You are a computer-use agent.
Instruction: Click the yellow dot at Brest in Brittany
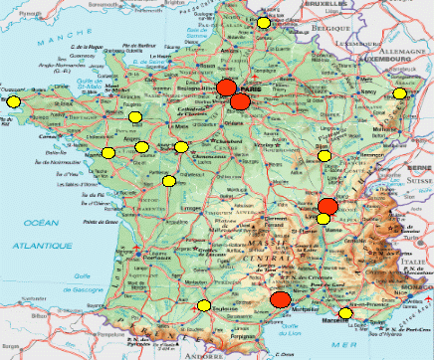(12, 100)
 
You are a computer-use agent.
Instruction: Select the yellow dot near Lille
(263, 22)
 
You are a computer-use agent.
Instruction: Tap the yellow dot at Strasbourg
(399, 93)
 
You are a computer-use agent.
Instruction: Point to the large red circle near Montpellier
(281, 299)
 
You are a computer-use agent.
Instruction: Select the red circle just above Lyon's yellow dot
(327, 207)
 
